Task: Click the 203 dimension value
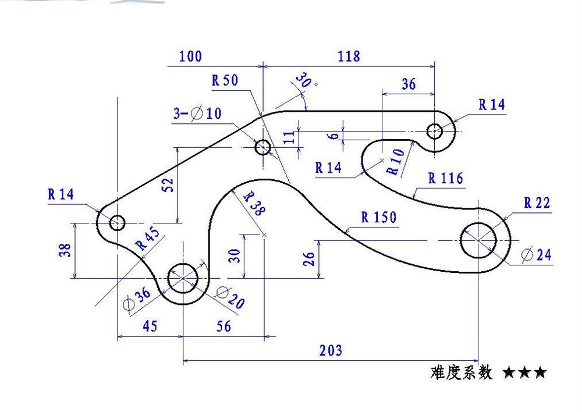331,350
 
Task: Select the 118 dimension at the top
349,56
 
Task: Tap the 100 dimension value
190,56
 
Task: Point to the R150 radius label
379,218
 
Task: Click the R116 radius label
446,179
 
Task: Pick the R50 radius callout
225,81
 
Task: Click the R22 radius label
537,203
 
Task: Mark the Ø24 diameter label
537,255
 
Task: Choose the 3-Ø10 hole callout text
197,113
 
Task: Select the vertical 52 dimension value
168,184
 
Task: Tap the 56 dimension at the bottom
223,326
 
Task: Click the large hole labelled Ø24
478,240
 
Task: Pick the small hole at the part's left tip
118,222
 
